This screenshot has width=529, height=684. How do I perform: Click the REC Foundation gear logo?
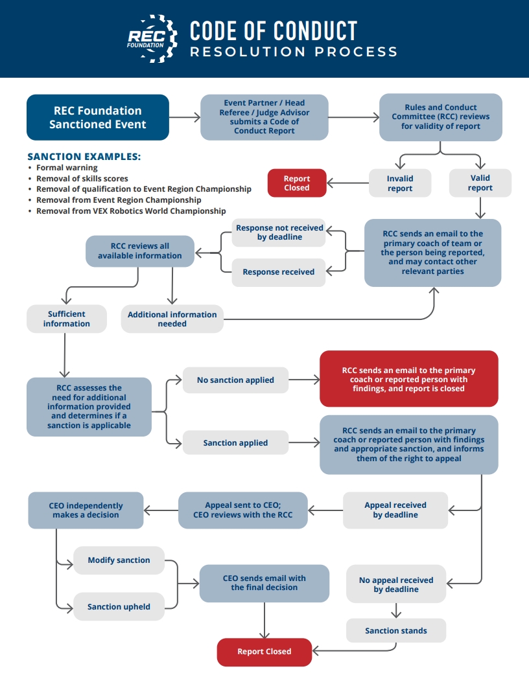(152, 38)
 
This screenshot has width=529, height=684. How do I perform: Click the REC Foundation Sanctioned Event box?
(98, 117)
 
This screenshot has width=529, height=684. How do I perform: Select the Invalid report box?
(400, 183)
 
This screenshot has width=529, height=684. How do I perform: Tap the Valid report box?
(480, 183)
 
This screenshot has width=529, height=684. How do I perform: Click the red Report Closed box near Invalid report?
(297, 183)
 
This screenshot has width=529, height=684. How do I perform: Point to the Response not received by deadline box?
(278, 233)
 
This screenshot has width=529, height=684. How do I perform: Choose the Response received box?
(278, 272)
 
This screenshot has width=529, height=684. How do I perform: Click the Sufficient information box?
(66, 319)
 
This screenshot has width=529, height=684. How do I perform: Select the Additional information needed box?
(172, 319)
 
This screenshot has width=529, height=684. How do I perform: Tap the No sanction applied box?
(235, 380)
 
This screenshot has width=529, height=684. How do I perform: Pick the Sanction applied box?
(235, 443)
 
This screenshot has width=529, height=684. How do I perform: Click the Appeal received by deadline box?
(395, 510)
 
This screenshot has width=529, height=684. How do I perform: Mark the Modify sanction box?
(119, 560)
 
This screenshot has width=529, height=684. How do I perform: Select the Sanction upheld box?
(119, 607)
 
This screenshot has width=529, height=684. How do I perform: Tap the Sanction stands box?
(396, 630)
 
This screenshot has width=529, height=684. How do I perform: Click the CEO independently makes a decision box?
(86, 510)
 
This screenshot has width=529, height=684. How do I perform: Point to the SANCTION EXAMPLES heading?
(84, 157)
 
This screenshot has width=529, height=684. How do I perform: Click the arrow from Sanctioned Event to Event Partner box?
(185, 117)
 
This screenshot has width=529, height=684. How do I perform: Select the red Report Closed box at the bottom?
(264, 652)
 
